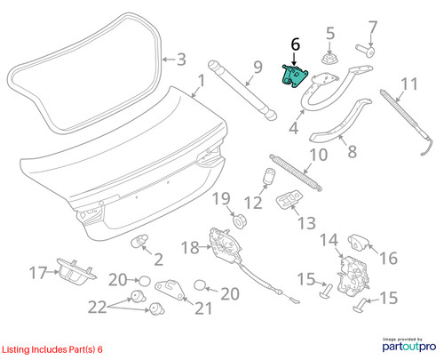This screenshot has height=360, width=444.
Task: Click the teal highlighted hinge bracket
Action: (x=294, y=76)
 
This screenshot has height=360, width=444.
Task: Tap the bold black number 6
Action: (x=296, y=44)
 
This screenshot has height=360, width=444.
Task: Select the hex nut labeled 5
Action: (x=329, y=58)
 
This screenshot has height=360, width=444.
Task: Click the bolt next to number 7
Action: (x=366, y=50)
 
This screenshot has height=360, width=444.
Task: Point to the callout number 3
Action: (x=181, y=60)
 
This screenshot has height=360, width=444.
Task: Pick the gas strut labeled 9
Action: (x=242, y=91)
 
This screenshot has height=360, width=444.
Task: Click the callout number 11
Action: (x=409, y=84)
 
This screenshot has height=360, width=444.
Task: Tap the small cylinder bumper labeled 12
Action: (x=268, y=176)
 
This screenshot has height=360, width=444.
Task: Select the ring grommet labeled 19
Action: (x=240, y=221)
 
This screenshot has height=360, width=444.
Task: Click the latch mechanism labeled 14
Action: (x=353, y=276)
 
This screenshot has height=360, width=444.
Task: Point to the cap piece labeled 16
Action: (x=359, y=243)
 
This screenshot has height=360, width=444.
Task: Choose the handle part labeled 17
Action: (x=76, y=272)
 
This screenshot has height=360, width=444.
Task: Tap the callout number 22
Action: (x=98, y=307)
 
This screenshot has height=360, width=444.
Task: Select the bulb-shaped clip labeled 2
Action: (x=139, y=241)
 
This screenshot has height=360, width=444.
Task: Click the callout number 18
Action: (x=190, y=247)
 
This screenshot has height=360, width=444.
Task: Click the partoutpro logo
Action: (x=409, y=345)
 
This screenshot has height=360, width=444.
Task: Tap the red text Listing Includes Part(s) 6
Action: (x=52, y=349)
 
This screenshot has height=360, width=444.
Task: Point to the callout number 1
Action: (x=202, y=81)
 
